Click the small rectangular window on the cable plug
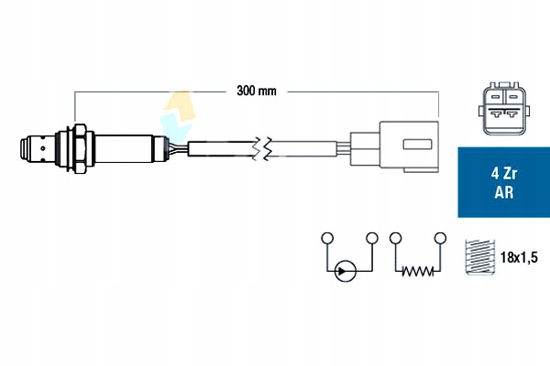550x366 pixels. [x=417, y=144]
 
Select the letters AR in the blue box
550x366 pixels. [x=502, y=192]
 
